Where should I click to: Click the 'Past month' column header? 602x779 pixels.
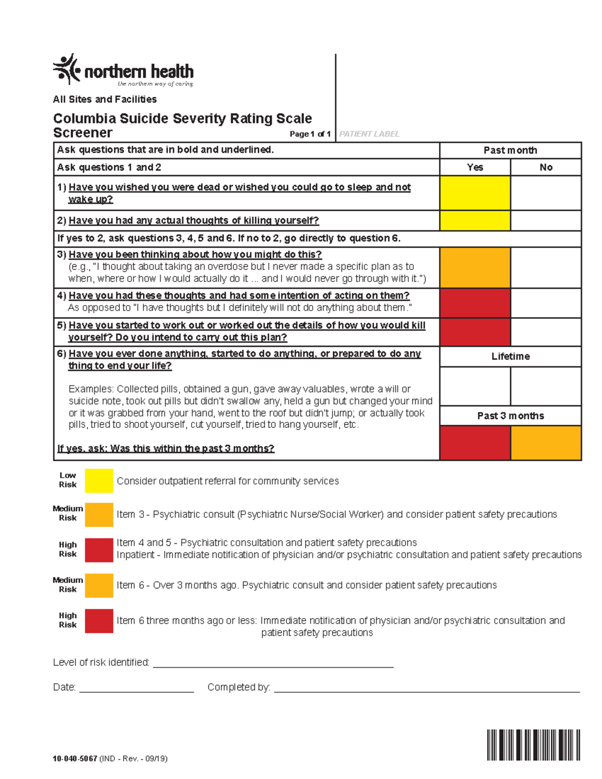[x=510, y=150]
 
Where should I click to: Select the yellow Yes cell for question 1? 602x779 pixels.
[x=475, y=193]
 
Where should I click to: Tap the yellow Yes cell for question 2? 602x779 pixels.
[x=475, y=220]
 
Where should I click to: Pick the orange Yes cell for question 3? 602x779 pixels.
[x=475, y=267]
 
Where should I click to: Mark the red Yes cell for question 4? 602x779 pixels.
[x=475, y=302]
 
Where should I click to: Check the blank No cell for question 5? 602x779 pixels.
[x=546, y=332]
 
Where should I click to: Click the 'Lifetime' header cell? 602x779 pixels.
[x=510, y=356]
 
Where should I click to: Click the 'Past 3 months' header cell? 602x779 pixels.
[x=510, y=415]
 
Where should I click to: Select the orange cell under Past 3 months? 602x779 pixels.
[x=546, y=442]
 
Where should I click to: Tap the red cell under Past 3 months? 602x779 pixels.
[x=475, y=442]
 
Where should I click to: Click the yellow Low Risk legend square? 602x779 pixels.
[x=99, y=481]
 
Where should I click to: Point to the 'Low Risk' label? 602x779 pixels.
[x=68, y=480]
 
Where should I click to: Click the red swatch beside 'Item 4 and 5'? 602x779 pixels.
[x=99, y=550]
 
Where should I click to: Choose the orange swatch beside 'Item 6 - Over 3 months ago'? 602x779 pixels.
[x=99, y=585]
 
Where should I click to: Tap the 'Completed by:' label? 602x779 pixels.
[x=239, y=687]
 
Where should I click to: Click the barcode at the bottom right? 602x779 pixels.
[x=533, y=744]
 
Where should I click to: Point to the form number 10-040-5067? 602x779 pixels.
[x=75, y=758]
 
